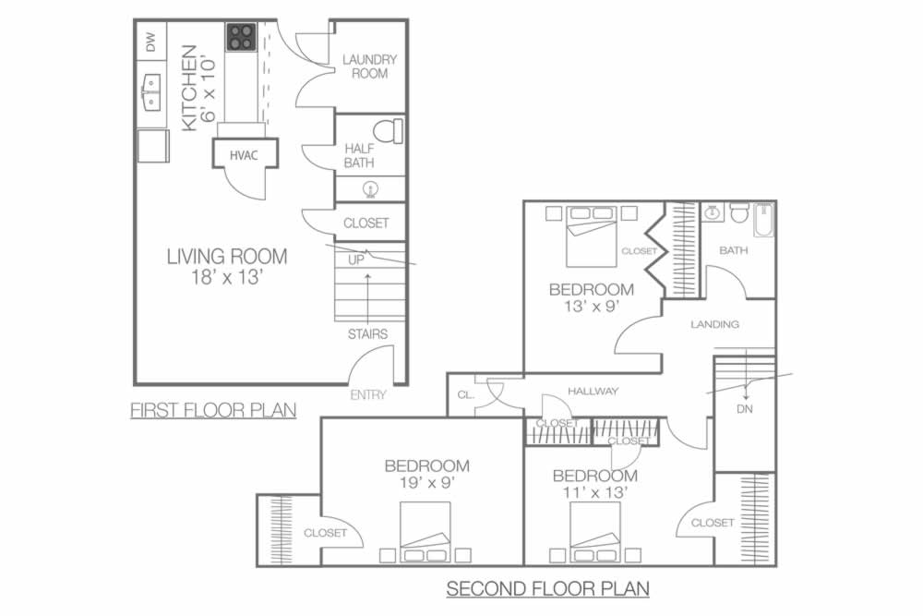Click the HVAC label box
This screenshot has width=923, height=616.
[x=245, y=154]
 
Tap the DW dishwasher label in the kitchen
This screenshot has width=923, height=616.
[x=151, y=42]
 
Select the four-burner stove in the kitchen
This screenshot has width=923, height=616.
[x=241, y=37]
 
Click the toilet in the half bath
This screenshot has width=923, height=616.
[x=389, y=131]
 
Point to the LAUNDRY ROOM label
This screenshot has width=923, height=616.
[x=370, y=66]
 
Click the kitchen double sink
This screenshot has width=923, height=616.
[x=151, y=92]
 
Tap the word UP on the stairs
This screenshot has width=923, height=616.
[x=356, y=260]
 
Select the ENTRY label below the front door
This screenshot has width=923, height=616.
[x=368, y=395]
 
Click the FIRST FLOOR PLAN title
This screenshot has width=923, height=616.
[x=213, y=410]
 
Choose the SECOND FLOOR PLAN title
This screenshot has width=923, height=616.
[x=547, y=588]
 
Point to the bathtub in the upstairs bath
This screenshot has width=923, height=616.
[x=763, y=220]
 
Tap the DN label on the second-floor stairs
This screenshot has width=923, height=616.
[x=745, y=409]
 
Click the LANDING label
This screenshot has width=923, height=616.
[x=714, y=324]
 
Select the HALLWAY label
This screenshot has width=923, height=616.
[x=593, y=391]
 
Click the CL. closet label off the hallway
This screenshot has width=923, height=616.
[x=465, y=395]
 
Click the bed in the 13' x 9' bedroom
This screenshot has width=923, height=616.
[x=591, y=236]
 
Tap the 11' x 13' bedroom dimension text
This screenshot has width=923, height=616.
[x=595, y=491]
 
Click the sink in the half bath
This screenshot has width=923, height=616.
[x=370, y=189]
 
